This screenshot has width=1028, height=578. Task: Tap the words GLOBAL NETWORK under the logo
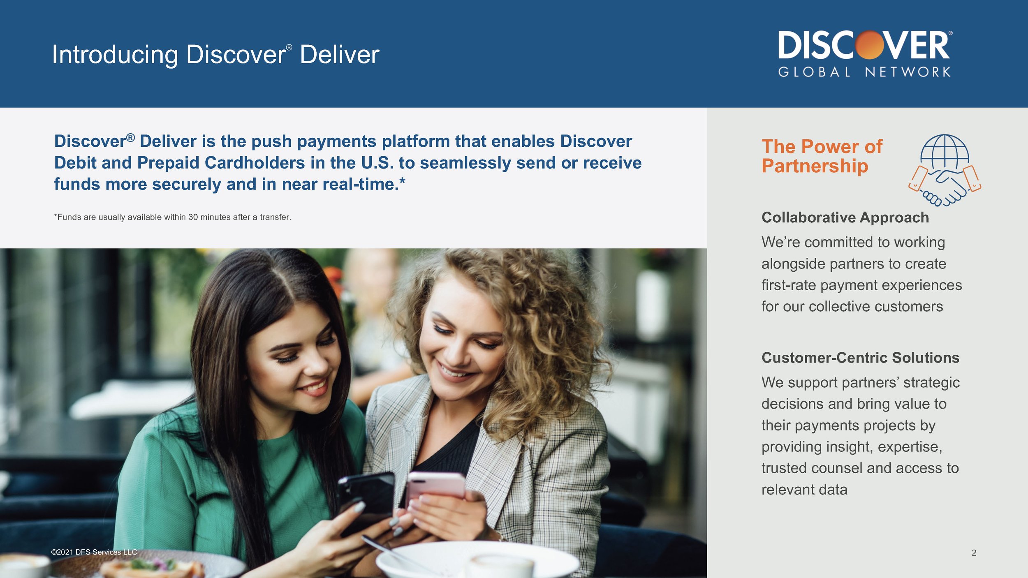864,72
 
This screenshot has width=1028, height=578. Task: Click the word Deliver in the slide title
339,55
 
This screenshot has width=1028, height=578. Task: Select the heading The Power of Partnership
822,156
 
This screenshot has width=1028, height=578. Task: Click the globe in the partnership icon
945,151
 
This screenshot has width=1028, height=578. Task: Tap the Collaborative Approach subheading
845,217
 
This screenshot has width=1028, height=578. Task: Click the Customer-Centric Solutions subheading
860,358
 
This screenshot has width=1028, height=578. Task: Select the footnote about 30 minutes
172,217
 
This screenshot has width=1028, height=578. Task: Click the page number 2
974,553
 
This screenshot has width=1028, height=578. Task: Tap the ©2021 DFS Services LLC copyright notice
94,552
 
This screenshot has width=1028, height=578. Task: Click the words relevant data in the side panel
804,490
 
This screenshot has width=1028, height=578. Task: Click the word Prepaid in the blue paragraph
168,163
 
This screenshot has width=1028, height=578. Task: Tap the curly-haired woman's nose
456,349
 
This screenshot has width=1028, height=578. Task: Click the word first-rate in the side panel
788,285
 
